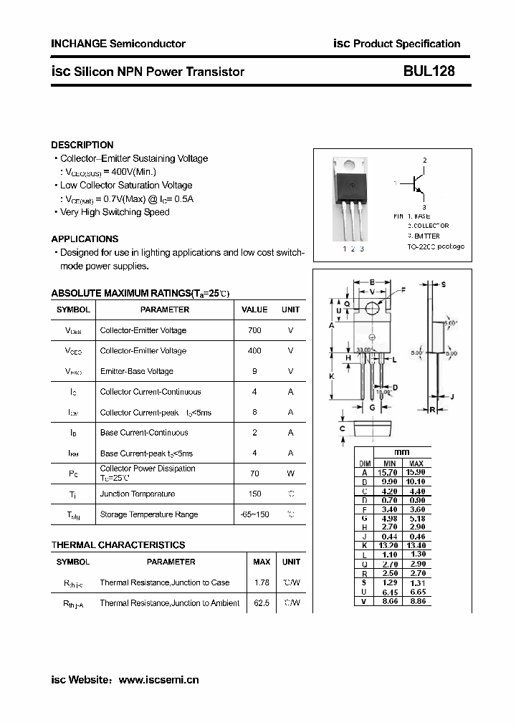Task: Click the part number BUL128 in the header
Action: pos(429,72)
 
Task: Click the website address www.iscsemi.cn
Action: pos(158,680)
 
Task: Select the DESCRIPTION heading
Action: pos(82,145)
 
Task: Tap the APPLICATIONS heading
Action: pos(85,239)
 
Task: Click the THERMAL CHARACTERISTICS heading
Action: pos(118,544)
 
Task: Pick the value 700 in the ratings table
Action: pos(254,330)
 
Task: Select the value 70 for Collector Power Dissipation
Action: pos(254,474)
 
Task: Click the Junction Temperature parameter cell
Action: pos(137,494)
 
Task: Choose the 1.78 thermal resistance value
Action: pos(262,582)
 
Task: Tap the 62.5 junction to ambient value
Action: pos(262,603)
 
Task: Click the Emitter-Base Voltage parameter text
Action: pos(136,371)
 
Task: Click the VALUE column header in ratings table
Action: pos(254,309)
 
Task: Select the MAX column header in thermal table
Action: pos(262,562)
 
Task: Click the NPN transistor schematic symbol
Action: pos(416,184)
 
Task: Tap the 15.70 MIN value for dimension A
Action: pos(389,472)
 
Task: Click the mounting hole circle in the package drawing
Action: pos(372,308)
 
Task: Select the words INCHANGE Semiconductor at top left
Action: pos(118,44)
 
